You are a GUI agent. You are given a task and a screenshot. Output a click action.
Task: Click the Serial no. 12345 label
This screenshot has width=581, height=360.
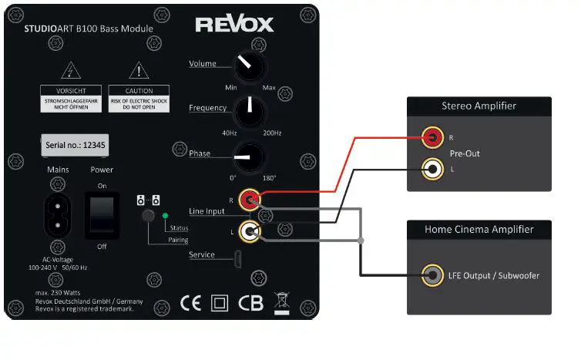click(x=75, y=146)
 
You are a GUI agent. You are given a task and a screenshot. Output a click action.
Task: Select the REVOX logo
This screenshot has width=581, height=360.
click(x=234, y=25)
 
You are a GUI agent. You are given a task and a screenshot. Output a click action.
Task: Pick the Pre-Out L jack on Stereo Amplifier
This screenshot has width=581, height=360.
click(x=433, y=169)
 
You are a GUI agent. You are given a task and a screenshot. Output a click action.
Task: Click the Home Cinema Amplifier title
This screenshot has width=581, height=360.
click(x=479, y=229)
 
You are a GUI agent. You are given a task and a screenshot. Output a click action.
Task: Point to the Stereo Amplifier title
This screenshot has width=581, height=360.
click(x=479, y=106)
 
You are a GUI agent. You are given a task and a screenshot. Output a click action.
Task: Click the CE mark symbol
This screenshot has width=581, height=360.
click(x=190, y=302)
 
